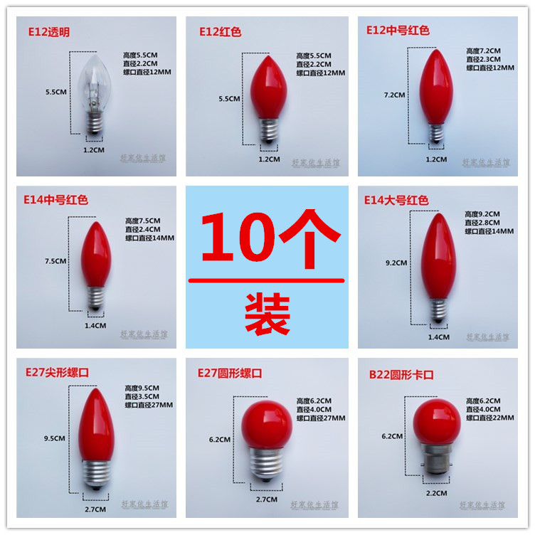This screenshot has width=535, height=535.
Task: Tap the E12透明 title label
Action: pos(51,33)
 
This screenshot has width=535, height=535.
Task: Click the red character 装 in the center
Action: pos(267,313)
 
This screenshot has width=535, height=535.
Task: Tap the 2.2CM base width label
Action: pos(437,492)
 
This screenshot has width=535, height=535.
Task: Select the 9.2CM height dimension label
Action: pos(396,263)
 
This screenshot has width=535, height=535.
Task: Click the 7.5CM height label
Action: pos(55,261)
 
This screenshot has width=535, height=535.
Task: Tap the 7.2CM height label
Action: pos(393,95)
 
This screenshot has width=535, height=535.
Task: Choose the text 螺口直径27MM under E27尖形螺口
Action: pos(149,406)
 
